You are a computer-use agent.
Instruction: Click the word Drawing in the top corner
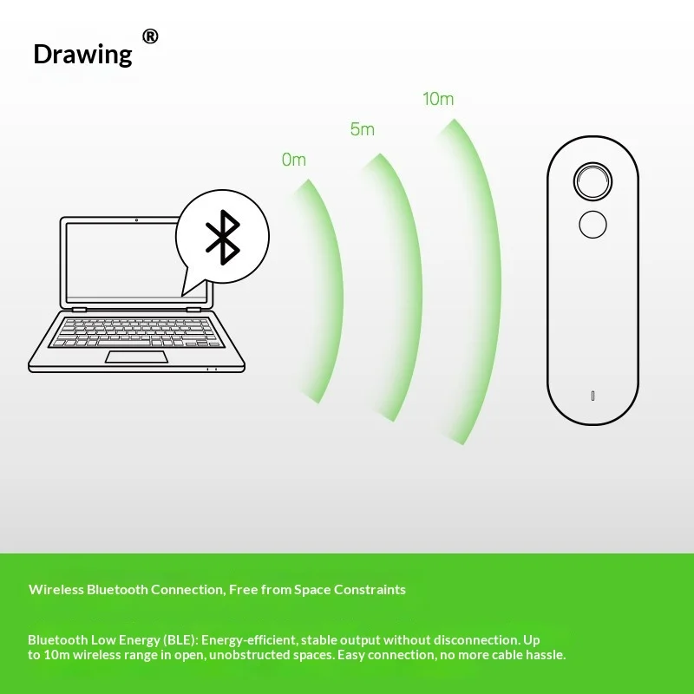click(x=82, y=55)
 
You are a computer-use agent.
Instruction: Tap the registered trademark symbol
click(x=150, y=36)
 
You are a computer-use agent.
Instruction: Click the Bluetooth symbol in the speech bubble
click(x=223, y=237)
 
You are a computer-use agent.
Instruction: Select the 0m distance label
click(x=294, y=160)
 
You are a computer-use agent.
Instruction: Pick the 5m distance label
click(x=363, y=129)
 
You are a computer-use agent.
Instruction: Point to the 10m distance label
click(x=438, y=99)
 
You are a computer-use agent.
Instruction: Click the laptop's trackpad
click(x=136, y=357)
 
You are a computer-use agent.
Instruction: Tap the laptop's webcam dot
click(x=136, y=220)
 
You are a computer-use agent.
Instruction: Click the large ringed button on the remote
click(x=593, y=181)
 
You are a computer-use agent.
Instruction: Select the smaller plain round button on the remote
click(x=593, y=225)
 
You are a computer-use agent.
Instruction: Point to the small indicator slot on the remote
click(x=593, y=396)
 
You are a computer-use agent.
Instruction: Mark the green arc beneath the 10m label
click(x=493, y=284)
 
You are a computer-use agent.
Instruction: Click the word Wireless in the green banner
click(x=56, y=590)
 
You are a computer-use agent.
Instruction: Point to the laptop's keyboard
click(x=136, y=332)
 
